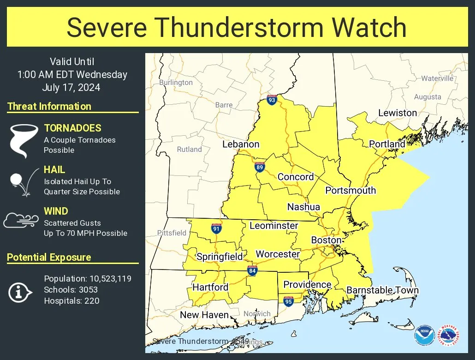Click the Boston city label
point(327,240)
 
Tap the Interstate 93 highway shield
point(272,99)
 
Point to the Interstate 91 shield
point(216,228)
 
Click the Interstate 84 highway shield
point(252,270)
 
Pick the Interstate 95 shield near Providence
point(288,301)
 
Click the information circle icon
point(20,292)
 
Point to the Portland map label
point(387,144)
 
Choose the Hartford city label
point(210,287)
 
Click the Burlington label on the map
point(176,83)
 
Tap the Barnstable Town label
point(382,290)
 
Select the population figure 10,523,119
point(104,279)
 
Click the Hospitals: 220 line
point(71,301)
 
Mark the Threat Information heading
point(49,106)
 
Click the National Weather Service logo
point(448,335)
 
